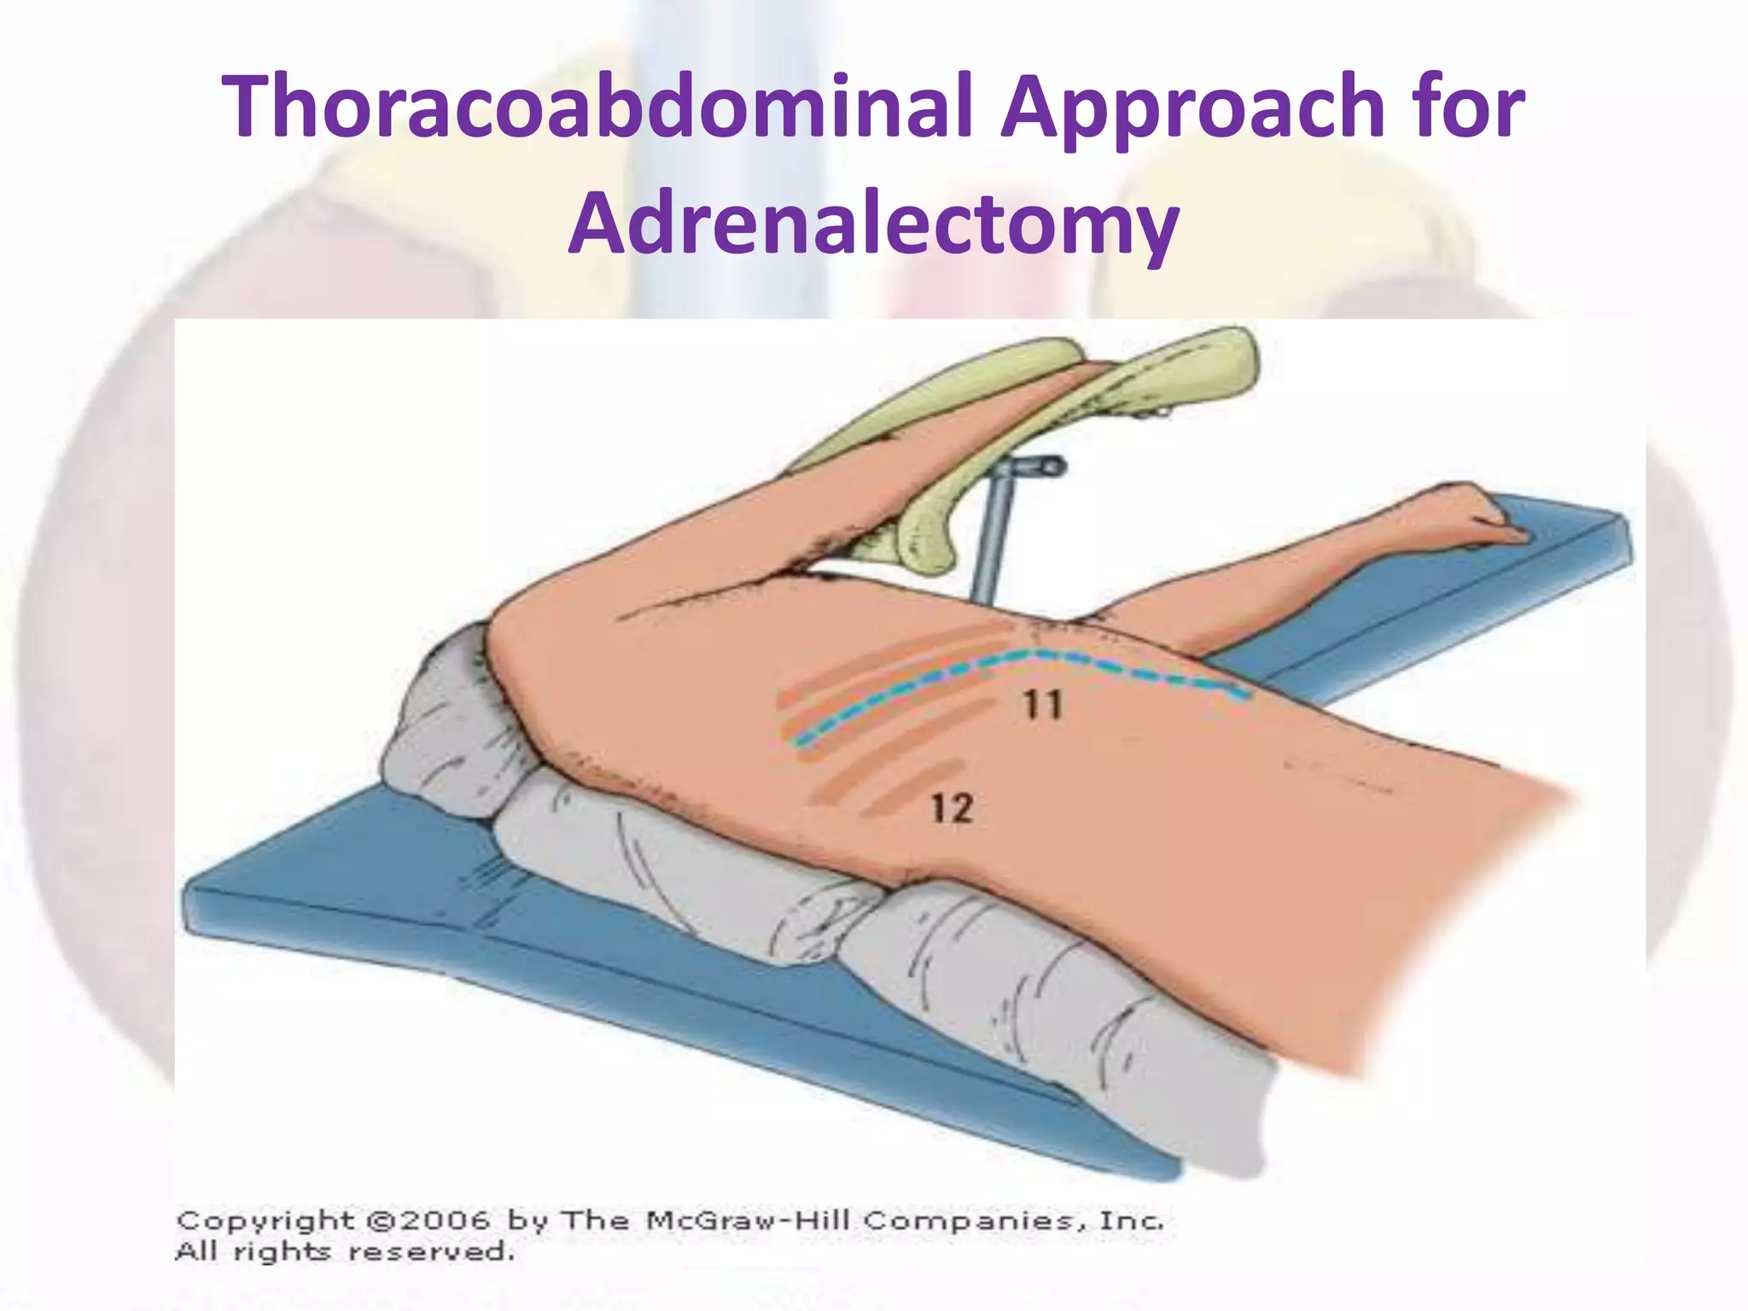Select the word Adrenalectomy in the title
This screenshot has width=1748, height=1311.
873,224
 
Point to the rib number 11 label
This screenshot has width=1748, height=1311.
1044,707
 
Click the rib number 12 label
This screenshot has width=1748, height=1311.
952,808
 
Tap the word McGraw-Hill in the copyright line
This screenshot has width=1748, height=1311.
748,1221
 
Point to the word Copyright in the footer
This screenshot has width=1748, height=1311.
265,1221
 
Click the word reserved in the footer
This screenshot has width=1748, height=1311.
431,1253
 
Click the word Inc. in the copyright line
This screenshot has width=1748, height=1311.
1132,1221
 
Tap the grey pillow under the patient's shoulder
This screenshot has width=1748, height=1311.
444,734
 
